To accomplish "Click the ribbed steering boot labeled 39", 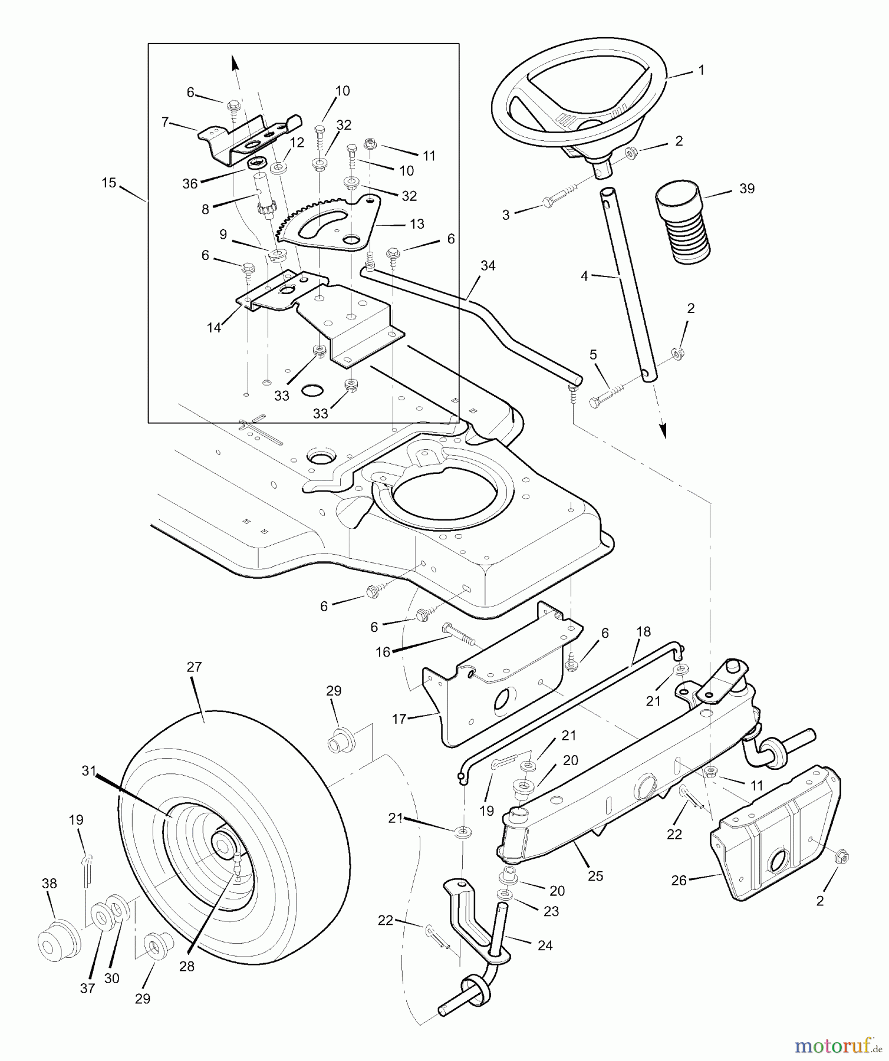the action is [684, 223].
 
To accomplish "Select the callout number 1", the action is [701, 70].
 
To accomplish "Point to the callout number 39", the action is [746, 189].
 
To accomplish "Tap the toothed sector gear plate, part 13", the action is [330, 223].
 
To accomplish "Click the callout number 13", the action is [417, 224].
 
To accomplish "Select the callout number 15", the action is [108, 183].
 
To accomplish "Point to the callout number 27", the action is [194, 667].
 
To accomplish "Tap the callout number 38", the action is [49, 884].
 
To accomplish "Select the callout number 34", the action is [488, 266].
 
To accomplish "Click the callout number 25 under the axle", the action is [595, 877].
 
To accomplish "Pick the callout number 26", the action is [679, 881].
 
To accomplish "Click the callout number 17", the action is [399, 720].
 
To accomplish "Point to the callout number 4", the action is [584, 276].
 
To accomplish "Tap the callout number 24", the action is [545, 946].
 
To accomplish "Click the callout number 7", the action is [165, 122].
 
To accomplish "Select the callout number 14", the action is [213, 328].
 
